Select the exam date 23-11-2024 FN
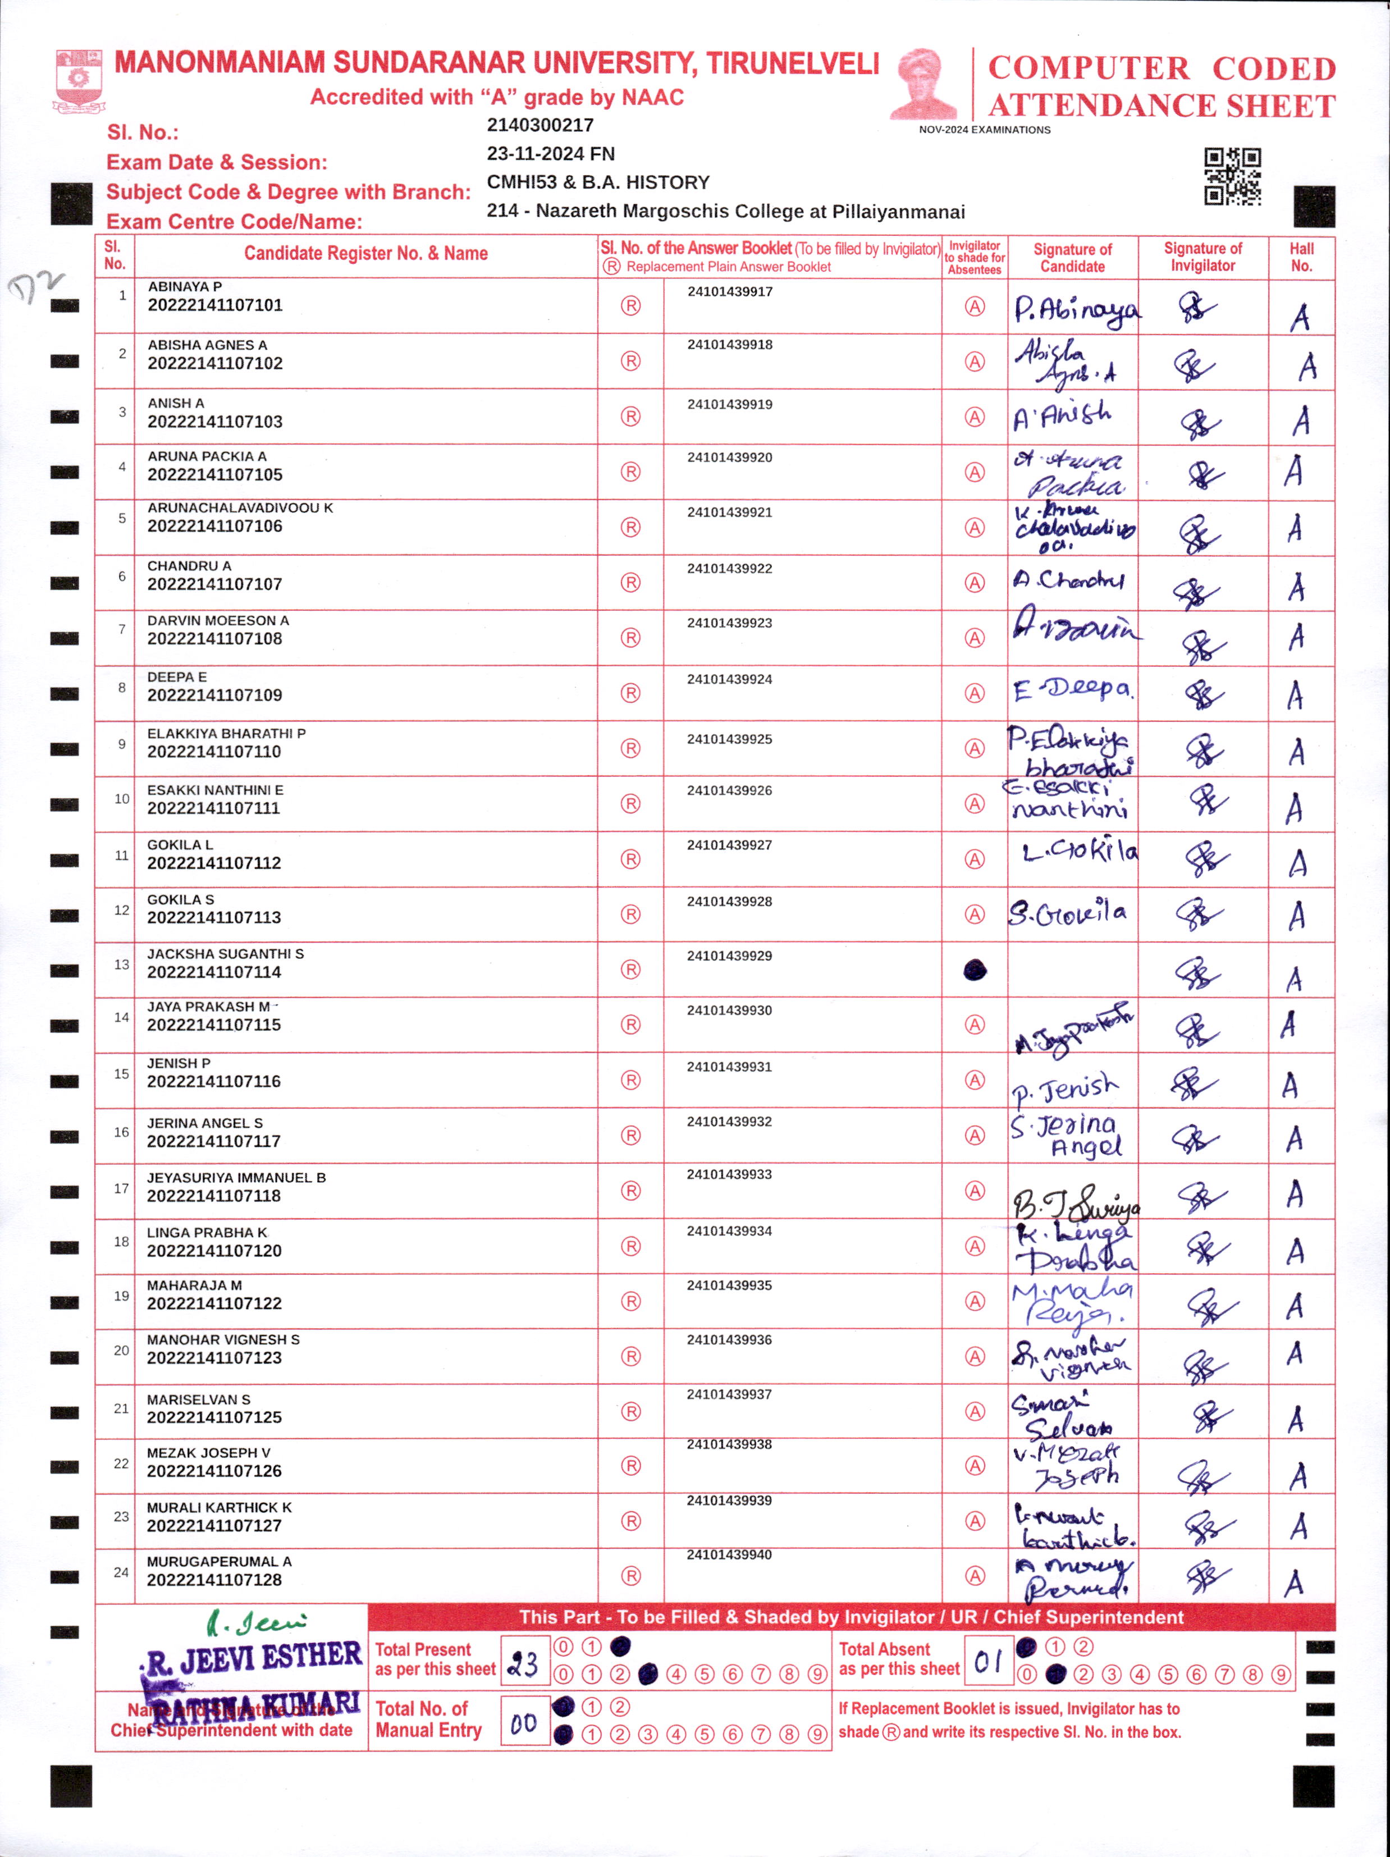(x=551, y=154)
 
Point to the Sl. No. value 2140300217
(x=539, y=125)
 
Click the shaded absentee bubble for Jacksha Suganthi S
(x=975, y=971)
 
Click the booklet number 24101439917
(x=729, y=292)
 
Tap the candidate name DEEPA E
(x=177, y=676)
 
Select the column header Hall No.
(x=1301, y=257)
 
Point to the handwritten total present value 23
(x=524, y=1663)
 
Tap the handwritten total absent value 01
(x=989, y=1661)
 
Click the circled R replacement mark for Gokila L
(x=630, y=859)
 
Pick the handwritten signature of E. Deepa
(x=1073, y=690)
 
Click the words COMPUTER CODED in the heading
(x=1161, y=68)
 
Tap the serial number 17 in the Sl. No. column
(x=122, y=1188)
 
